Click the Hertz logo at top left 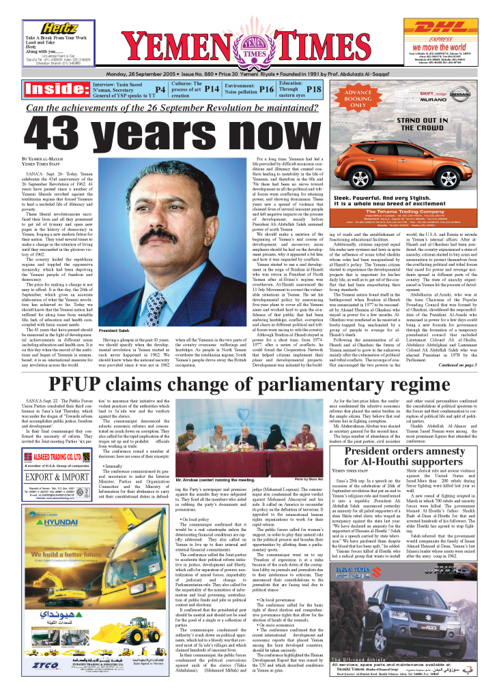point(59,27)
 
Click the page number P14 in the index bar point(212,89)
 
